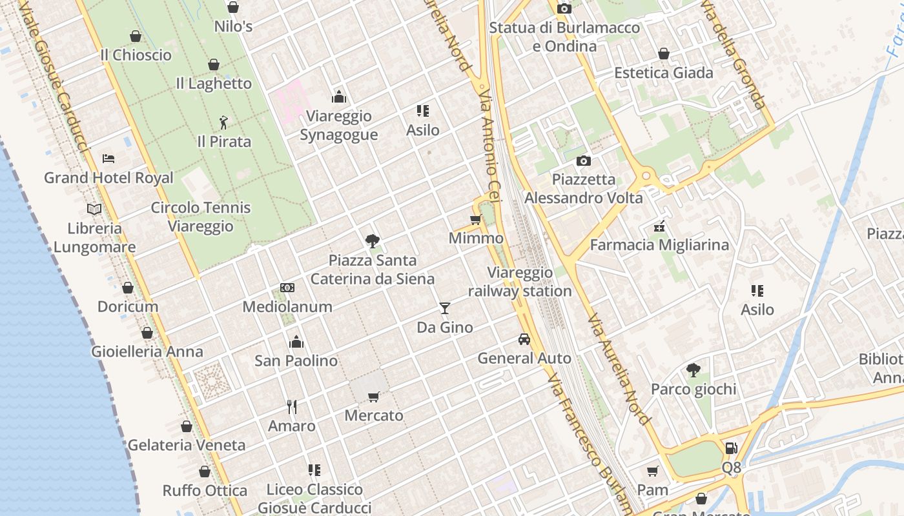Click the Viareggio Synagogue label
[338, 125]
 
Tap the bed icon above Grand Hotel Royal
[108, 159]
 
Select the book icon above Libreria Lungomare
[94, 209]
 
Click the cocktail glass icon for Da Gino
[444, 308]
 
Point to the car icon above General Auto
[524, 339]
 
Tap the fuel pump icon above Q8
[731, 448]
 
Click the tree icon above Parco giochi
[693, 370]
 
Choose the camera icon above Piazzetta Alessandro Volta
[584, 161]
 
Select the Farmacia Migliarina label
[659, 245]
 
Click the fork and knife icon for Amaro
[292, 406]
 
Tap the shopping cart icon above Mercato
[374, 397]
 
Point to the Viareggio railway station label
[520, 282]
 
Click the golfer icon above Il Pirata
[223, 122]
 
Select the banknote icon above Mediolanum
[287, 288]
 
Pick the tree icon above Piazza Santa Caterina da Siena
[372, 241]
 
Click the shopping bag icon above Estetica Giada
[663, 54]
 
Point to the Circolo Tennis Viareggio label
[201, 217]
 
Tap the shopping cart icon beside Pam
[652, 471]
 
